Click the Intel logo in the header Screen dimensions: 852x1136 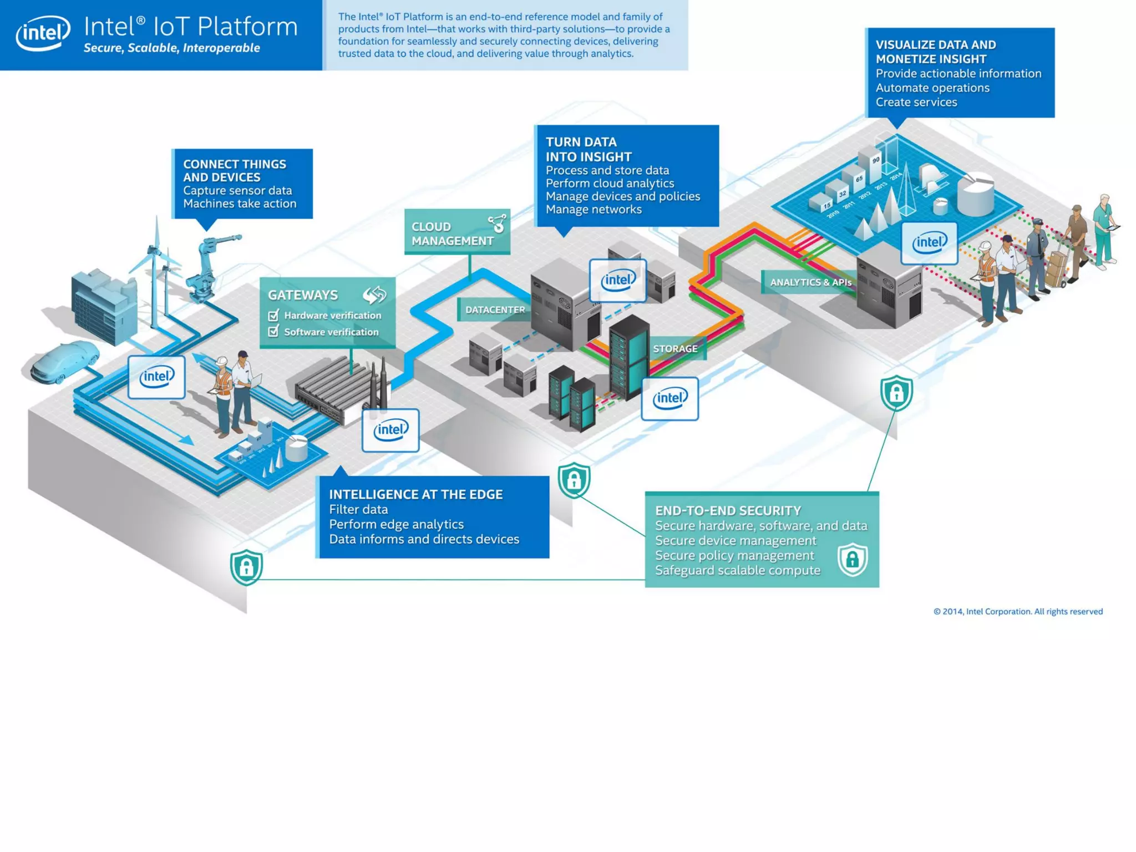(x=43, y=33)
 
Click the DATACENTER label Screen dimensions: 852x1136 (x=494, y=310)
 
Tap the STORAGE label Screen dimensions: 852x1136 (x=675, y=349)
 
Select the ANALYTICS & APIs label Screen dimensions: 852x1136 (x=810, y=282)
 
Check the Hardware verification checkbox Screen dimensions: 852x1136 (x=273, y=316)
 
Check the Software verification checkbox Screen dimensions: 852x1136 (x=273, y=332)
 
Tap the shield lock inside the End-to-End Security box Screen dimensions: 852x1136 (x=852, y=560)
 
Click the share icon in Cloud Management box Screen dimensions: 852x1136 (x=498, y=223)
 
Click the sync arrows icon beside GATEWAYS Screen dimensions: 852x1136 (x=374, y=295)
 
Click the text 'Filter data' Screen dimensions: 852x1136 (x=358, y=509)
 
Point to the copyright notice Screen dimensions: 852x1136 (x=1018, y=611)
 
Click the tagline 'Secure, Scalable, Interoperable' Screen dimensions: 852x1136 (x=172, y=48)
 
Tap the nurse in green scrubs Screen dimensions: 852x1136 (x=1104, y=230)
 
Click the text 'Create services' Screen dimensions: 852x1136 (x=916, y=102)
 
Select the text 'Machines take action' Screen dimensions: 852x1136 (x=240, y=204)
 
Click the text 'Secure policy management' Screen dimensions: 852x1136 (x=734, y=555)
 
